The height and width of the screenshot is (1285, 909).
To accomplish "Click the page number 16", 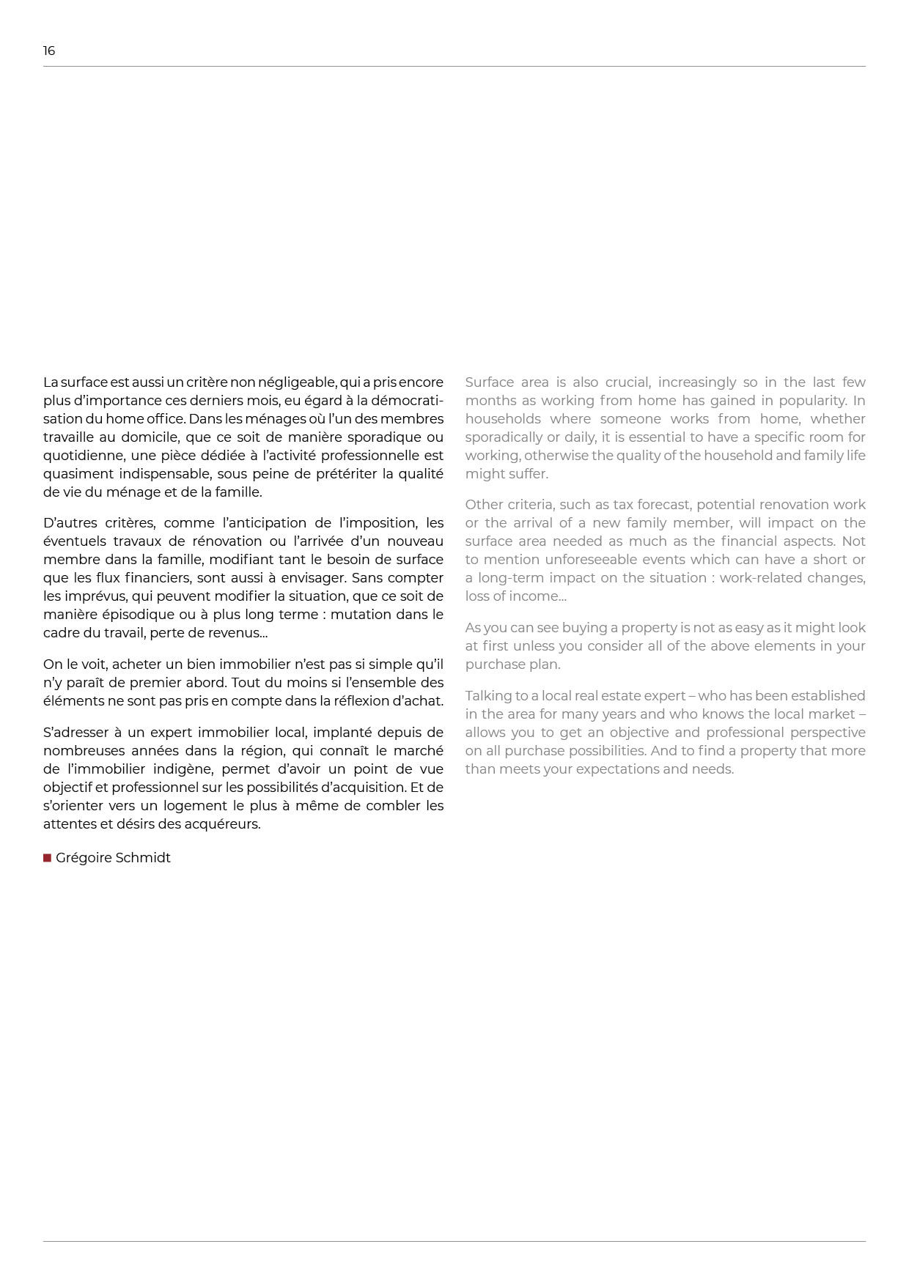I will pos(49,51).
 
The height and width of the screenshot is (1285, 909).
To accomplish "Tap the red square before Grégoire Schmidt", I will pos(47,858).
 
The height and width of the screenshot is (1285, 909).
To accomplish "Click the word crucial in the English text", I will pos(628,382).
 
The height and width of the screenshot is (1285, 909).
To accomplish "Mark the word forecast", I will pos(662,505).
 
